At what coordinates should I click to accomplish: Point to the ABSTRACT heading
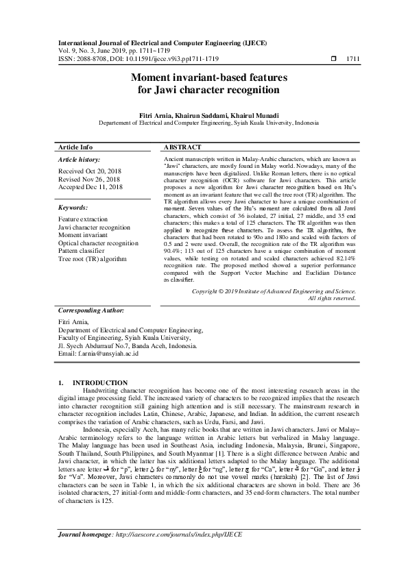(x=183, y=147)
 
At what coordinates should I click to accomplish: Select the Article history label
(x=80, y=159)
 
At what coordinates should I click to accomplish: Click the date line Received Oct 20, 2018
(x=91, y=171)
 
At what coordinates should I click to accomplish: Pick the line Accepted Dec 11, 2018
(x=91, y=186)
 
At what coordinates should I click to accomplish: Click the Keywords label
(x=73, y=207)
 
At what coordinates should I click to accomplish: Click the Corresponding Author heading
(x=90, y=310)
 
